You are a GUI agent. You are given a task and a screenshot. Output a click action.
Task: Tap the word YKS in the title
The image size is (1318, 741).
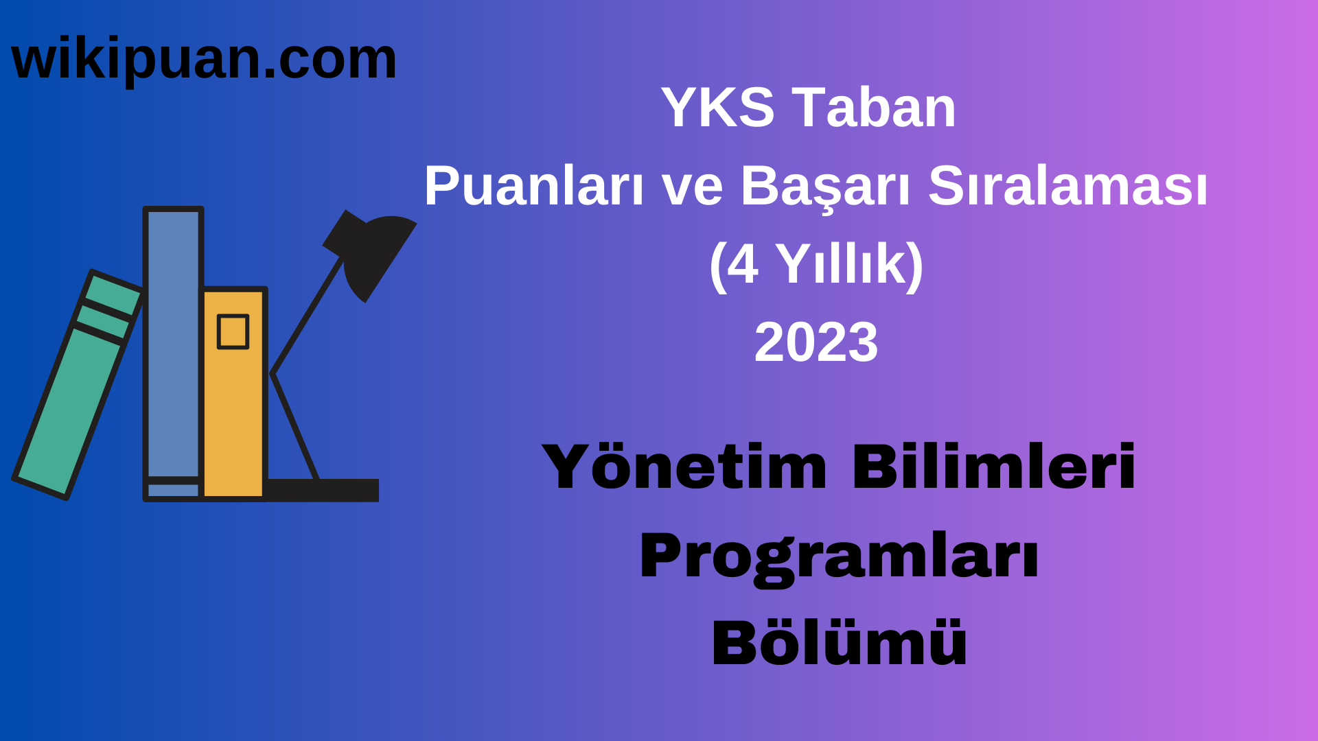tap(717, 108)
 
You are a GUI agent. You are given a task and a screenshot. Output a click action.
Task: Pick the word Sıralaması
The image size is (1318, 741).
tap(1067, 187)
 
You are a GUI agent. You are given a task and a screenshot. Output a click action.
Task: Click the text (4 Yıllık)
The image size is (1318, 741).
tap(816, 265)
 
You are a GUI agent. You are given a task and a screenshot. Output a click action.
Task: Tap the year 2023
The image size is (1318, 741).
tap(816, 342)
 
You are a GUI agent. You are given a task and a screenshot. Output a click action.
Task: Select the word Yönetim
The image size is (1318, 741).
tap(684, 468)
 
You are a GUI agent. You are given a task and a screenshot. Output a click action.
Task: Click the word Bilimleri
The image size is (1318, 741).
tap(994, 468)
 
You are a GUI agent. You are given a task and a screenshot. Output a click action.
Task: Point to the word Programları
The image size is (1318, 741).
tap(839, 556)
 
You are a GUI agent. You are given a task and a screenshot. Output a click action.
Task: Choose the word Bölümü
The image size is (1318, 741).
tap(839, 643)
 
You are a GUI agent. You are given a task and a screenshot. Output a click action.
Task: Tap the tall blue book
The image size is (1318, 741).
tap(173, 343)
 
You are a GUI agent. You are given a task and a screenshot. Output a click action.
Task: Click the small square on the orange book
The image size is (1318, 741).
tap(233, 331)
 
